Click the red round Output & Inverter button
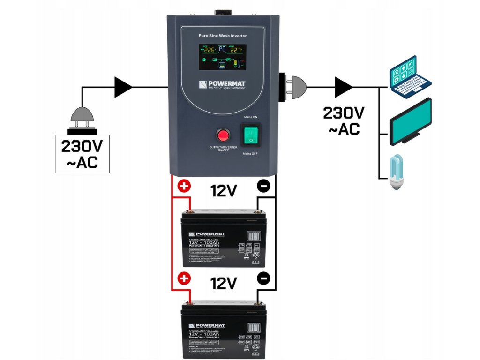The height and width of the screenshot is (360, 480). [223, 136]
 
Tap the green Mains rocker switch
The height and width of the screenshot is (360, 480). [251, 136]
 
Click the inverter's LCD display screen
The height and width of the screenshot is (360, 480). [222, 57]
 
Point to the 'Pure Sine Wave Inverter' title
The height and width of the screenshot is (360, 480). [222, 36]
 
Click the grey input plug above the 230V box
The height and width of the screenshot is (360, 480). [82, 117]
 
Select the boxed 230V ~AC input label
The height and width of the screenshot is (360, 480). [82, 154]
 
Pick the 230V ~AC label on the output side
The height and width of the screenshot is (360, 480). [344, 121]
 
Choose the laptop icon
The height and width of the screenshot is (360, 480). [409, 77]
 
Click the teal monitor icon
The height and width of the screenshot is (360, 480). [410, 120]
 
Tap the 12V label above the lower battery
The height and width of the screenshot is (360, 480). [224, 284]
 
